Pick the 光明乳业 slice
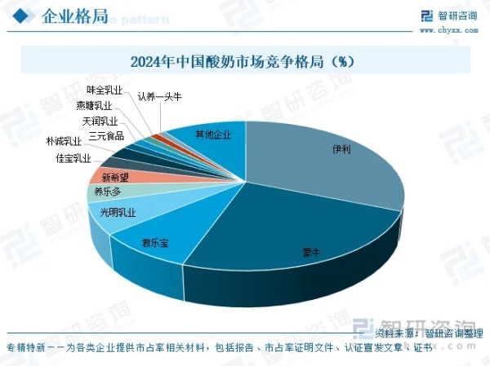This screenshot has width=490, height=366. (117, 213)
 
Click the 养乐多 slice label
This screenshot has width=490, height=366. (107, 192)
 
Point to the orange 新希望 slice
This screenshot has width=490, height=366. (115, 176)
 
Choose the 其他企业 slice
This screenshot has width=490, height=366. (213, 134)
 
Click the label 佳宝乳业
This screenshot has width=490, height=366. (73, 157)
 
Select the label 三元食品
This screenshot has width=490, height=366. (107, 135)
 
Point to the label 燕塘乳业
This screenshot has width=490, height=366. (94, 105)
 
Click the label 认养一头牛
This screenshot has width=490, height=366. (159, 97)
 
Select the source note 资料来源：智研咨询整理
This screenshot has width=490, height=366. (429, 333)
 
